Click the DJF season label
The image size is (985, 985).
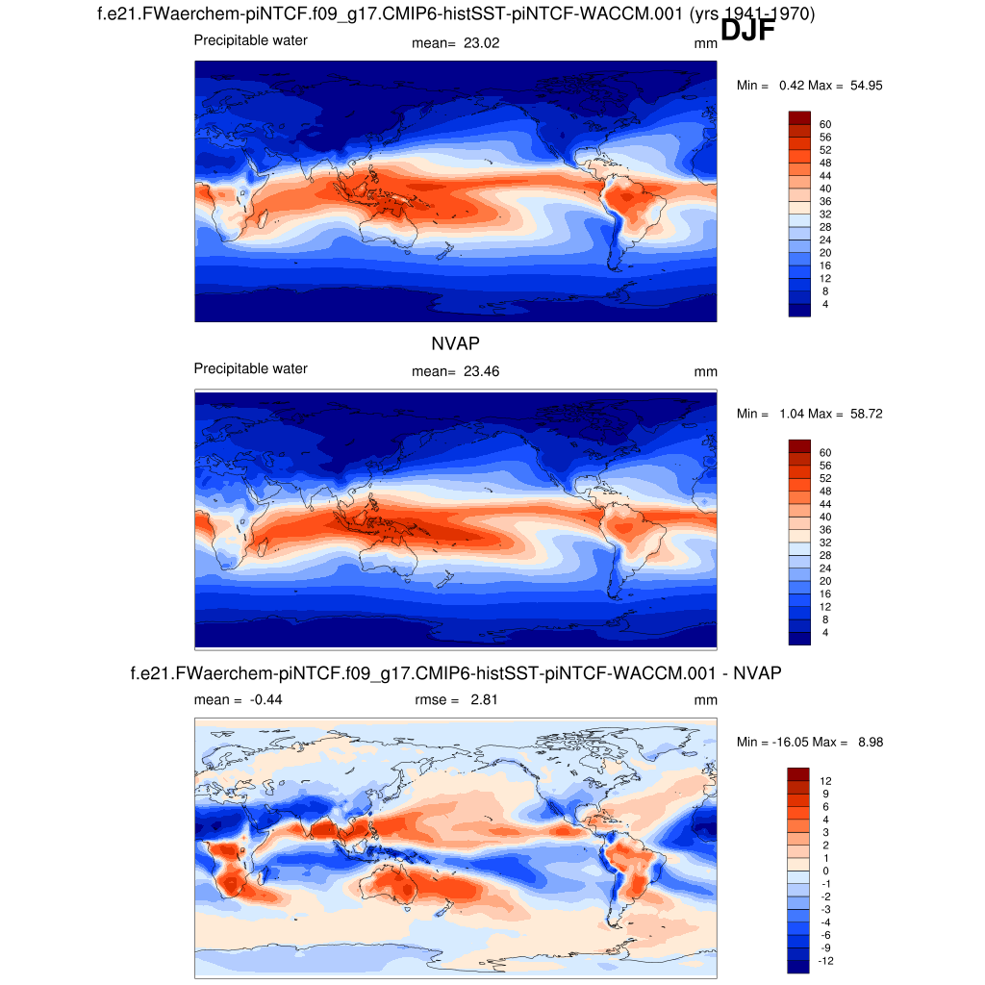(x=747, y=31)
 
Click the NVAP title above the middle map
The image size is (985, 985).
(x=455, y=342)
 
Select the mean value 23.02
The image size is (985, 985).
(x=482, y=43)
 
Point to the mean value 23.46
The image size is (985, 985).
(x=482, y=372)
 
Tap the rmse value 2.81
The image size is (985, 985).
(x=481, y=700)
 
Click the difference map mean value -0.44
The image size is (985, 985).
(x=265, y=700)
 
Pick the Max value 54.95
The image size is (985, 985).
(x=867, y=86)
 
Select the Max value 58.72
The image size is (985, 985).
(x=867, y=415)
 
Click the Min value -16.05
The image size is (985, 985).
(x=791, y=743)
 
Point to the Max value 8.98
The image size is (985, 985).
(x=867, y=743)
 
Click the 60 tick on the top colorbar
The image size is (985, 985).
(x=825, y=124)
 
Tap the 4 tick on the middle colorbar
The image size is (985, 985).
(x=825, y=633)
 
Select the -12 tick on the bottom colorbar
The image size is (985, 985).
(x=825, y=961)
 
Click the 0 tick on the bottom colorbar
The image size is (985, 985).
(x=825, y=871)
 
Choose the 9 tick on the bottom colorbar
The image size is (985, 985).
(x=825, y=794)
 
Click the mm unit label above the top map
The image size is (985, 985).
(x=705, y=43)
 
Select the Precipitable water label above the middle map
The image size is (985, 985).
(x=251, y=368)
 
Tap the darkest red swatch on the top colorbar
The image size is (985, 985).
(x=800, y=117)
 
